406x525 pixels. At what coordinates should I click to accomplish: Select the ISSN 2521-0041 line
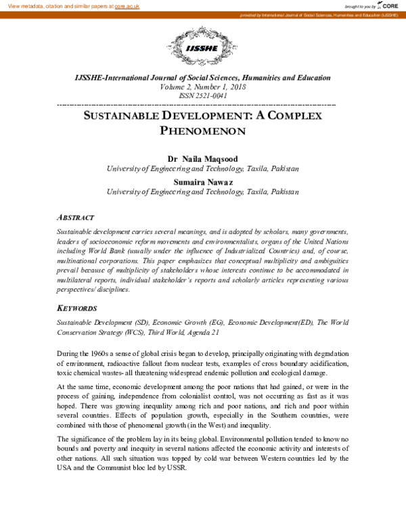coord(202,97)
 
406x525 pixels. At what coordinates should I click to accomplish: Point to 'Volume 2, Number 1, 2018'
coord(202,87)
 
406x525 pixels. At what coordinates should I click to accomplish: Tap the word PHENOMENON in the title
coord(202,131)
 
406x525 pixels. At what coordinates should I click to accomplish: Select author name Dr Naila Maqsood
coord(202,158)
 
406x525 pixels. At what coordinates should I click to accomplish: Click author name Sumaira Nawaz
coord(202,181)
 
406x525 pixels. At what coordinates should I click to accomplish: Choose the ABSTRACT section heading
coord(75,218)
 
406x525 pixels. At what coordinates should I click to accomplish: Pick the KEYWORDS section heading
coord(77,308)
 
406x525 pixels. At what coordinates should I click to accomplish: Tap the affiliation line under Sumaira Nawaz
coord(202,192)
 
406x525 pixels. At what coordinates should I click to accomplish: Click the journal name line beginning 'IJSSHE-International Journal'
coord(202,78)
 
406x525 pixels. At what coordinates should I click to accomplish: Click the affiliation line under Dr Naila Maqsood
coord(202,168)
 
